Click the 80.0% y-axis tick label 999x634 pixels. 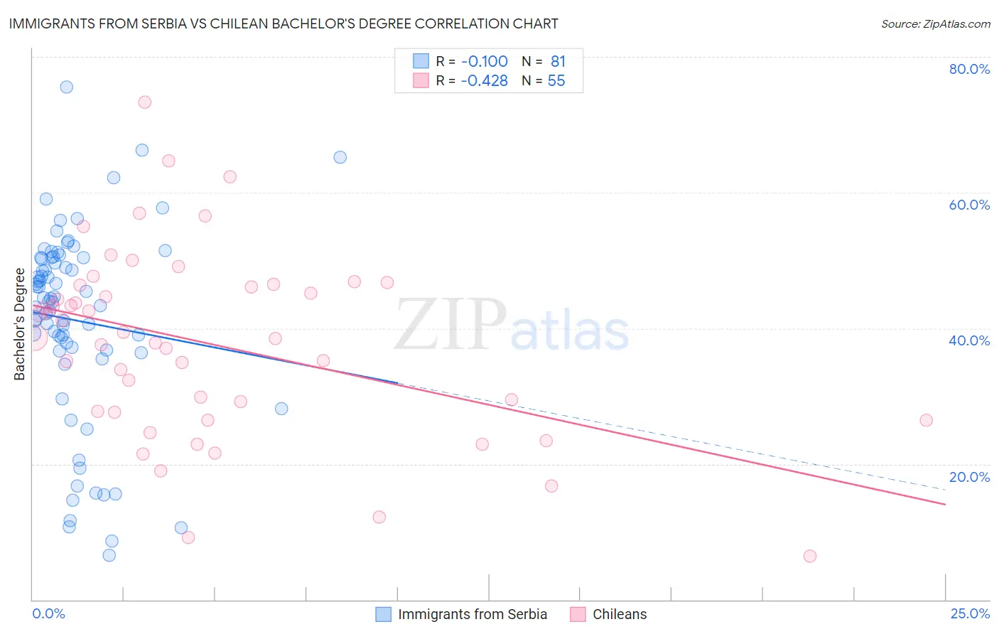969,69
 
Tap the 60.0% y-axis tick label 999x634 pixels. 969,205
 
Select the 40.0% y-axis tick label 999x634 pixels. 969,340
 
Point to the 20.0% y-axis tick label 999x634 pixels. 969,477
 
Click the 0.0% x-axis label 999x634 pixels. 48,614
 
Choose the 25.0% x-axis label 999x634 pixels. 970,614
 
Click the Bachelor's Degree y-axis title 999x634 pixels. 20,324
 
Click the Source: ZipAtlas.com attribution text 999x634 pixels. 935,23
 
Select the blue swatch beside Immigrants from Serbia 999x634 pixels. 384,614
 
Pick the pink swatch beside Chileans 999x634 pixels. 578,614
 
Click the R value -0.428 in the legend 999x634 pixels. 484,81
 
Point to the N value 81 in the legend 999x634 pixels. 558,62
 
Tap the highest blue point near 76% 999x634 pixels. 66,87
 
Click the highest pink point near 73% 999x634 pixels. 144,102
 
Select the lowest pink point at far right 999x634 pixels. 810,556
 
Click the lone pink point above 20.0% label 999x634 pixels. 926,420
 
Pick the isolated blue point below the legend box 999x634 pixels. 340,157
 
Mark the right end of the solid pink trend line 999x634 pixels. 945,504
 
